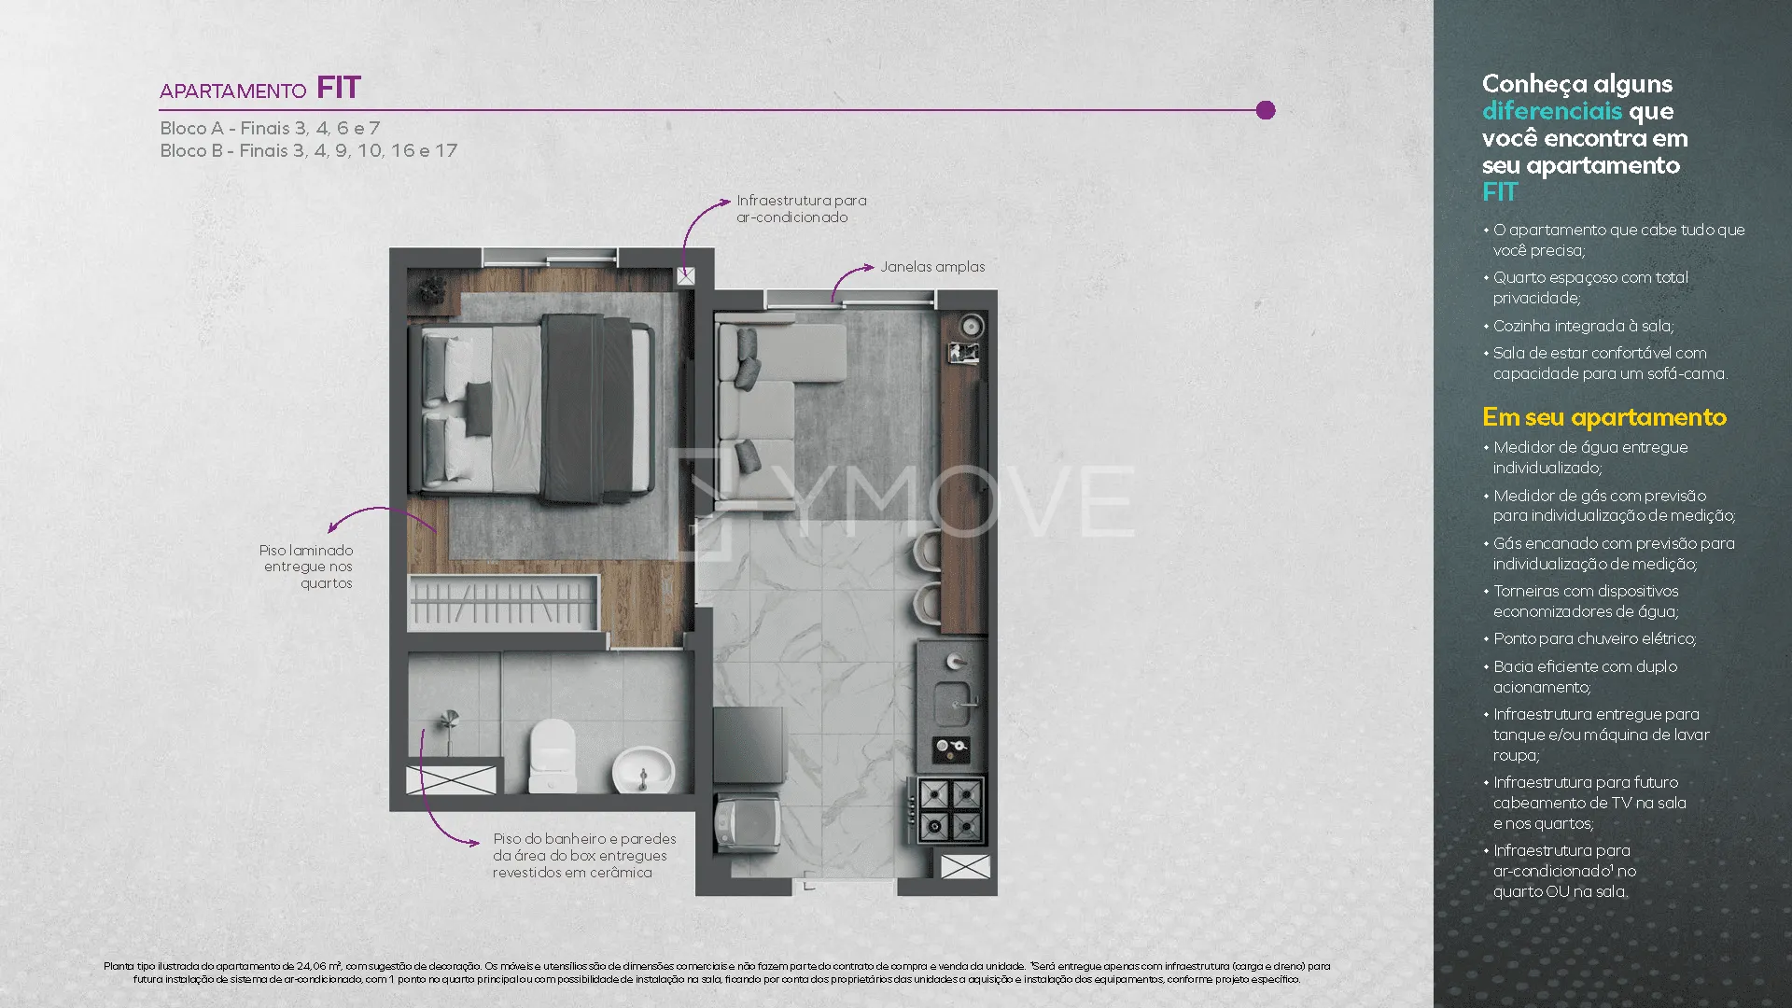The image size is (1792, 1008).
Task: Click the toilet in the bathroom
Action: click(552, 755)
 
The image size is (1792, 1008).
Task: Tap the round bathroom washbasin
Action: click(643, 769)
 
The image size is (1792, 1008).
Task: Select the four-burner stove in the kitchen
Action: click(950, 810)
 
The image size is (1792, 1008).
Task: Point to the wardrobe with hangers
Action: click(503, 603)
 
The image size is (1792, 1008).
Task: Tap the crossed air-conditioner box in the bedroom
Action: click(686, 276)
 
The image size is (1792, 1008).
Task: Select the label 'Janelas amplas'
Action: click(932, 267)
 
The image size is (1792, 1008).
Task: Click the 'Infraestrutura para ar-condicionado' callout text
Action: click(802, 209)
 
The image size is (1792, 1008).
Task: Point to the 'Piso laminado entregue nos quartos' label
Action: click(307, 567)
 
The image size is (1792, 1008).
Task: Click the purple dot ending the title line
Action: click(1266, 110)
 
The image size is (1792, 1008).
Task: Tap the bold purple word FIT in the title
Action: click(339, 88)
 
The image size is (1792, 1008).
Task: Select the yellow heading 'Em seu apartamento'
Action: click(1604, 417)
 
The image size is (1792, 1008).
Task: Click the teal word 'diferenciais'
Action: click(1552, 111)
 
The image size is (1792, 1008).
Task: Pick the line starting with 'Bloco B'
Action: click(309, 151)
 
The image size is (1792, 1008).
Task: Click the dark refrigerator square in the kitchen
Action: click(749, 745)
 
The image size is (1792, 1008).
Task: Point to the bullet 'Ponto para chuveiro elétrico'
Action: click(1594, 639)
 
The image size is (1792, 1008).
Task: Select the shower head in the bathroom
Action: click(451, 720)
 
